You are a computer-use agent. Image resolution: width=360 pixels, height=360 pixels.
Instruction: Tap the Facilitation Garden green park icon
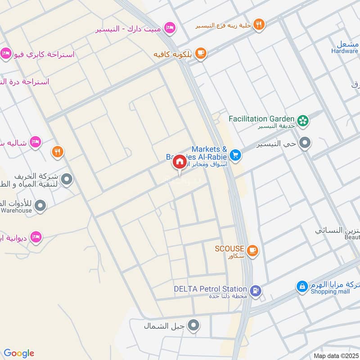(304, 119)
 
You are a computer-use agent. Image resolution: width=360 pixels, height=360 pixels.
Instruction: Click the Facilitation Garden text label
(261, 119)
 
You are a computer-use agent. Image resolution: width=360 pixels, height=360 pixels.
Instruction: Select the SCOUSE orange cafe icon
(252, 249)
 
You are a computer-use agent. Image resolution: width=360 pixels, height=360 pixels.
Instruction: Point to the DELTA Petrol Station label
(211, 289)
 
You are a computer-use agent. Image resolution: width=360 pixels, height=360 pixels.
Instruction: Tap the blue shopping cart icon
(234, 155)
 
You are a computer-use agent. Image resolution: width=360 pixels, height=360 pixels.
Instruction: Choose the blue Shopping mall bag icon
(302, 286)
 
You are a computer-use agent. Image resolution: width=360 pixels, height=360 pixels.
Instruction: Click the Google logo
(19, 353)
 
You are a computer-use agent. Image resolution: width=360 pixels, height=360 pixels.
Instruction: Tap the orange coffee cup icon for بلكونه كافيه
(200, 54)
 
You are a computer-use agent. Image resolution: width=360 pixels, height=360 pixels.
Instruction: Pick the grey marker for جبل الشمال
(193, 325)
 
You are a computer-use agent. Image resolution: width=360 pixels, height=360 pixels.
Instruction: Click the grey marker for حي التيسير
(305, 144)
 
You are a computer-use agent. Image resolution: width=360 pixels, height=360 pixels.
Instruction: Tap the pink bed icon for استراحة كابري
(5, 54)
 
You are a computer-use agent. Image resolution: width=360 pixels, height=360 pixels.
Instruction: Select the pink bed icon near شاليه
(35, 143)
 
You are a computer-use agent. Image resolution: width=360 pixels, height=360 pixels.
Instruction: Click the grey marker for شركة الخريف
(67, 180)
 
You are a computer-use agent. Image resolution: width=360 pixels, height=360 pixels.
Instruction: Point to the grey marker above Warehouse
(40, 206)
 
